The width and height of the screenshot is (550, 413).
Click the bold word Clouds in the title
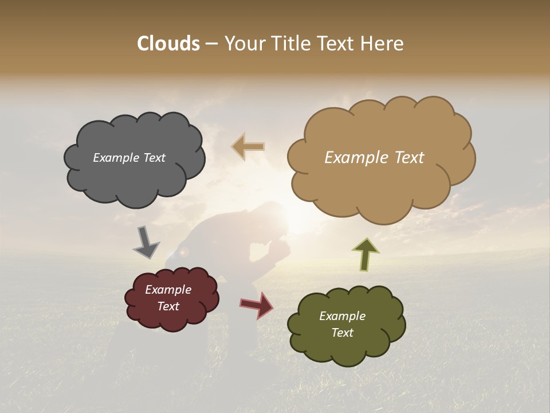(x=168, y=44)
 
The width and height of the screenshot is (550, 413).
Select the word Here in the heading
(x=383, y=44)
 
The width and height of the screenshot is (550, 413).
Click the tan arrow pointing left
(x=249, y=147)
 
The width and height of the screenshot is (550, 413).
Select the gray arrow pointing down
(x=146, y=242)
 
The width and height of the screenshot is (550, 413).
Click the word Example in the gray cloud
(x=115, y=158)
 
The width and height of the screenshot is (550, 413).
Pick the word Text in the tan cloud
(x=406, y=158)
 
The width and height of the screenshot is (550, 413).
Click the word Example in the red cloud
(x=168, y=290)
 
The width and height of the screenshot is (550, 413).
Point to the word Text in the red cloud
(x=168, y=306)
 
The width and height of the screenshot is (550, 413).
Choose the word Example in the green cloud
(x=342, y=316)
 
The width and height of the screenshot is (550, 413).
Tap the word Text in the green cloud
(x=342, y=333)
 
